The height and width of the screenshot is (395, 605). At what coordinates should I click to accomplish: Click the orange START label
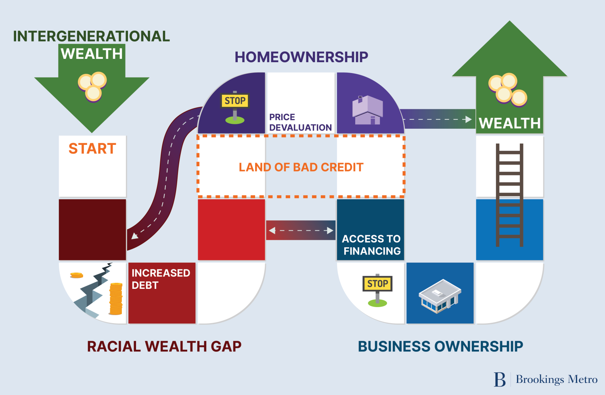(x=92, y=149)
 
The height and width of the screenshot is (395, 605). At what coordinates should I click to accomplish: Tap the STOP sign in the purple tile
(x=235, y=101)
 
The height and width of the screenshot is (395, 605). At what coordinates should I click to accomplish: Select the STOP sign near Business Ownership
(x=377, y=284)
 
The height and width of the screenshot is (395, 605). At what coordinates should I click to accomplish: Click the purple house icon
(x=367, y=110)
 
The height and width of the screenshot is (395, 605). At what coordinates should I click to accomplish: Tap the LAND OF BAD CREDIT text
(x=301, y=167)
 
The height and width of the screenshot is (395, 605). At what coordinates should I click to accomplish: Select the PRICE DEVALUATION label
(x=300, y=122)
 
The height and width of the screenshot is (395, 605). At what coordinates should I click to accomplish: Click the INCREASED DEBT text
(x=161, y=279)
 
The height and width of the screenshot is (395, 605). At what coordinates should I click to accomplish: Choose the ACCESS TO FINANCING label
(x=371, y=245)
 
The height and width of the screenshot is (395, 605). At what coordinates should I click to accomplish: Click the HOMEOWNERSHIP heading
(x=301, y=57)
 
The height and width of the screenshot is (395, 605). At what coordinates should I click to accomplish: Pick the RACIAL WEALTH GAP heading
(x=164, y=347)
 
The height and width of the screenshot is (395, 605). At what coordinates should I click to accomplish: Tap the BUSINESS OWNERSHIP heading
(x=440, y=347)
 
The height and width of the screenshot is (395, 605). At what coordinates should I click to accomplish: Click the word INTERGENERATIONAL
(x=91, y=36)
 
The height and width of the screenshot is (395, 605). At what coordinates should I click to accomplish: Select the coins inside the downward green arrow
(x=92, y=86)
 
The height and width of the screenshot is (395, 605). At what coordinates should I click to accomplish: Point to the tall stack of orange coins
(x=116, y=299)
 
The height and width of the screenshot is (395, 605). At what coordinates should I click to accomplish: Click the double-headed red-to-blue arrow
(x=301, y=230)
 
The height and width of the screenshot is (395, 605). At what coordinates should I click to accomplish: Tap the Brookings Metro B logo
(x=500, y=379)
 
